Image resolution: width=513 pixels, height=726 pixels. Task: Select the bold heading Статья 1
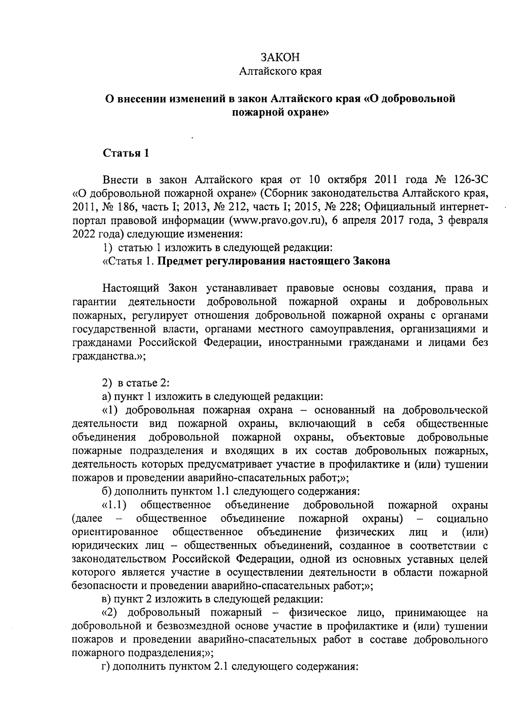(x=126, y=153)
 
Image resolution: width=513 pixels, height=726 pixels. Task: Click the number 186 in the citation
(x=126, y=206)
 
